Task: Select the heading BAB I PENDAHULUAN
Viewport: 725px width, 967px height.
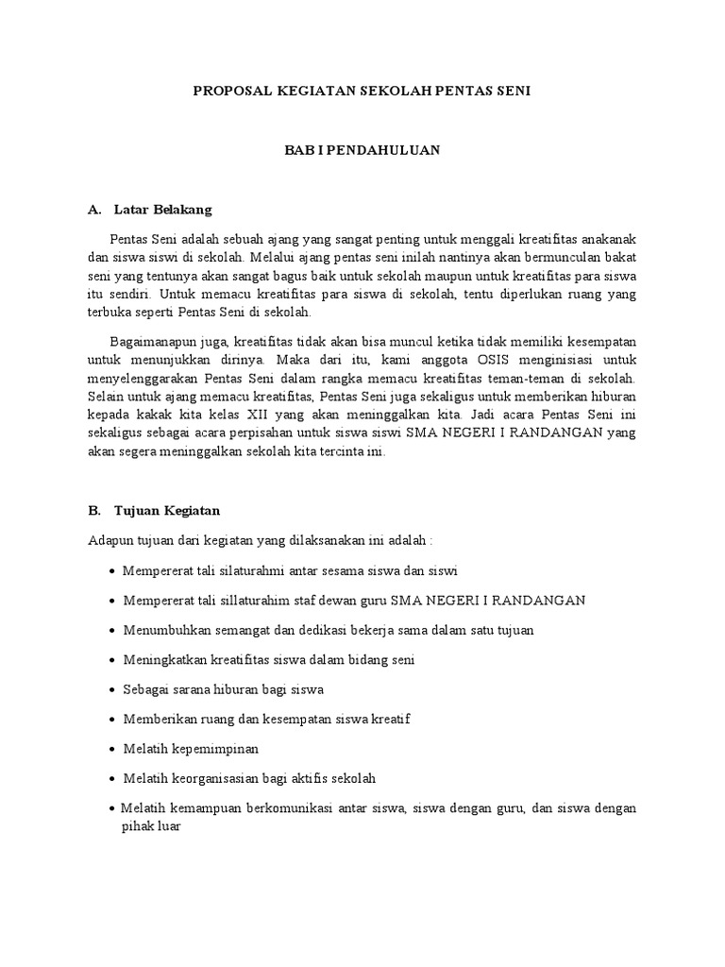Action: click(x=363, y=150)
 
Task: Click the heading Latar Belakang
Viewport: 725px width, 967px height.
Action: click(x=162, y=209)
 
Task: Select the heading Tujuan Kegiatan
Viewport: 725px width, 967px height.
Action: click(x=167, y=511)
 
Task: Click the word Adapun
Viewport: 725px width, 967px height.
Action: click(x=110, y=540)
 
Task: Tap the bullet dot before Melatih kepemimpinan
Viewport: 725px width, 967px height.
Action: click(x=113, y=749)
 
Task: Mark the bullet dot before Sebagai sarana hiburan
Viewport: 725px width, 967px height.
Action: click(x=113, y=689)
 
